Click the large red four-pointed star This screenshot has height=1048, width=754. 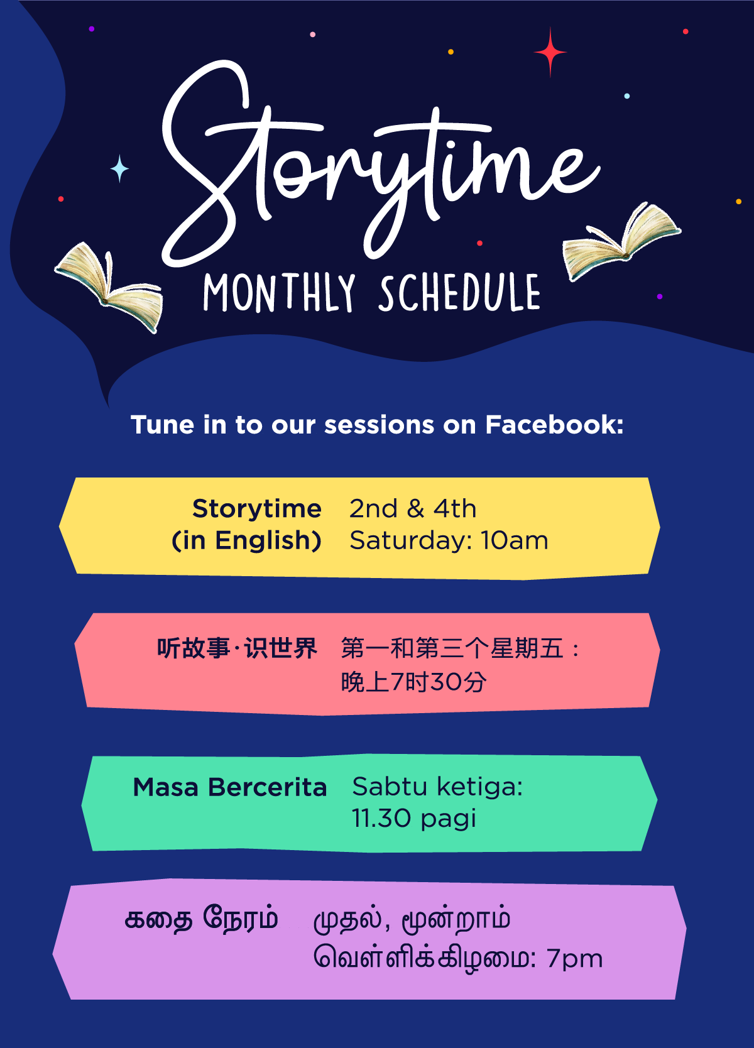[x=550, y=52]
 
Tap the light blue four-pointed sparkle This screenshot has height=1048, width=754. [x=119, y=168]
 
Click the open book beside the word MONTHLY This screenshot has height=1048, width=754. [x=109, y=287]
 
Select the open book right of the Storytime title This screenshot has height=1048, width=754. [x=621, y=241]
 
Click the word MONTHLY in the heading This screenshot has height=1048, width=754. [x=279, y=293]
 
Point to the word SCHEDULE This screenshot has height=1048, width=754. [x=460, y=293]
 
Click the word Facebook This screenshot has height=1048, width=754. [x=554, y=424]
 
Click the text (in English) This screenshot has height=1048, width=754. [x=246, y=541]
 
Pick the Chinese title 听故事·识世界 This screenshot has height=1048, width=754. [x=237, y=648]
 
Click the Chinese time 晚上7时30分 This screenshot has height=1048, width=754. [x=413, y=682]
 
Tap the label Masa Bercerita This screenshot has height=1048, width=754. [x=230, y=787]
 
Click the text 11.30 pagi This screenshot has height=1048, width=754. [x=414, y=818]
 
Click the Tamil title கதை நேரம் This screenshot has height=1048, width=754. [x=202, y=919]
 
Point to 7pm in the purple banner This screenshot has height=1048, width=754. [x=575, y=959]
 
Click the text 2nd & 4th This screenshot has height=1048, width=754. [x=413, y=508]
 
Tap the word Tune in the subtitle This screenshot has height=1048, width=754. [x=162, y=425]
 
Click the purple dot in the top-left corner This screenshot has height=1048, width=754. [x=92, y=28]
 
